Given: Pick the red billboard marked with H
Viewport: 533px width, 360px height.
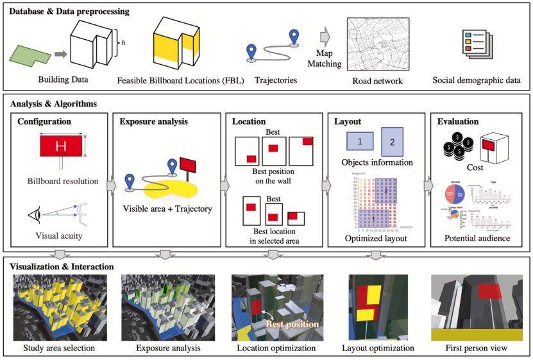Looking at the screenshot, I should point(61,147).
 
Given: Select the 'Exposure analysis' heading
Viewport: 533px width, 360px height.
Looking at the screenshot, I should point(153,121).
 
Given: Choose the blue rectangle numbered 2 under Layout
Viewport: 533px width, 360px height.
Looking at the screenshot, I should point(394,141).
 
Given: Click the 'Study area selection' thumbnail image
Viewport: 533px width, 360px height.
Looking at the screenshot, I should point(58,305).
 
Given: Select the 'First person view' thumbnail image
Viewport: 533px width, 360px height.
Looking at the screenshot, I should point(478,305).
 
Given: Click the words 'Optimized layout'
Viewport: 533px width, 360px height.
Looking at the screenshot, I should point(375,239).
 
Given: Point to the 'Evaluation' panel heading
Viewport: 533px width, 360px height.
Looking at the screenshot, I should point(458,121).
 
